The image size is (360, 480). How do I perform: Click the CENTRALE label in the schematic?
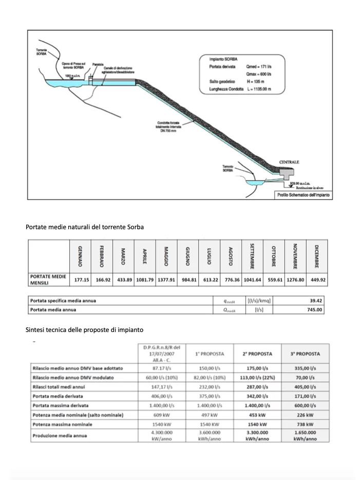289,162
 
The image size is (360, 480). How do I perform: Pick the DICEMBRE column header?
316,255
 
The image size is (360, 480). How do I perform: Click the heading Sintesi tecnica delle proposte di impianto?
84,329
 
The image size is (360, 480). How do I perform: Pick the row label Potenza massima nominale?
62,424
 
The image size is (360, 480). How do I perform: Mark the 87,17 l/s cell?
162,368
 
